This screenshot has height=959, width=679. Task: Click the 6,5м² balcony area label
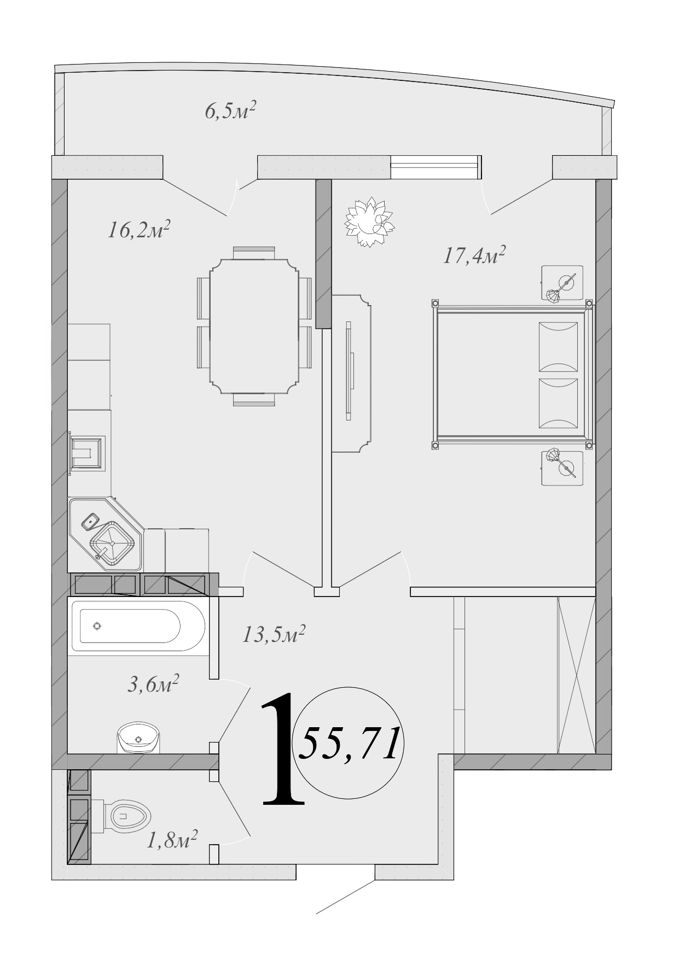coord(230,112)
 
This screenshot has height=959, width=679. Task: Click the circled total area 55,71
coord(349,745)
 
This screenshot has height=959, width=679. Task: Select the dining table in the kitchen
coord(254,326)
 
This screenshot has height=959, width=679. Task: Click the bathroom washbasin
coord(138,738)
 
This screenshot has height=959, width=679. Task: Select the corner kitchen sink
coord(112,543)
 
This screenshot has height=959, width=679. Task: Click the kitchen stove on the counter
coord(87,452)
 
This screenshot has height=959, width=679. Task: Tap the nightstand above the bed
coord(562,283)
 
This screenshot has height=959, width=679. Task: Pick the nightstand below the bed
coord(562,467)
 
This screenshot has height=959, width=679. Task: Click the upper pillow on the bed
coord(558,346)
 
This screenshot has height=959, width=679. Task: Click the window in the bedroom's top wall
coord(436,167)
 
